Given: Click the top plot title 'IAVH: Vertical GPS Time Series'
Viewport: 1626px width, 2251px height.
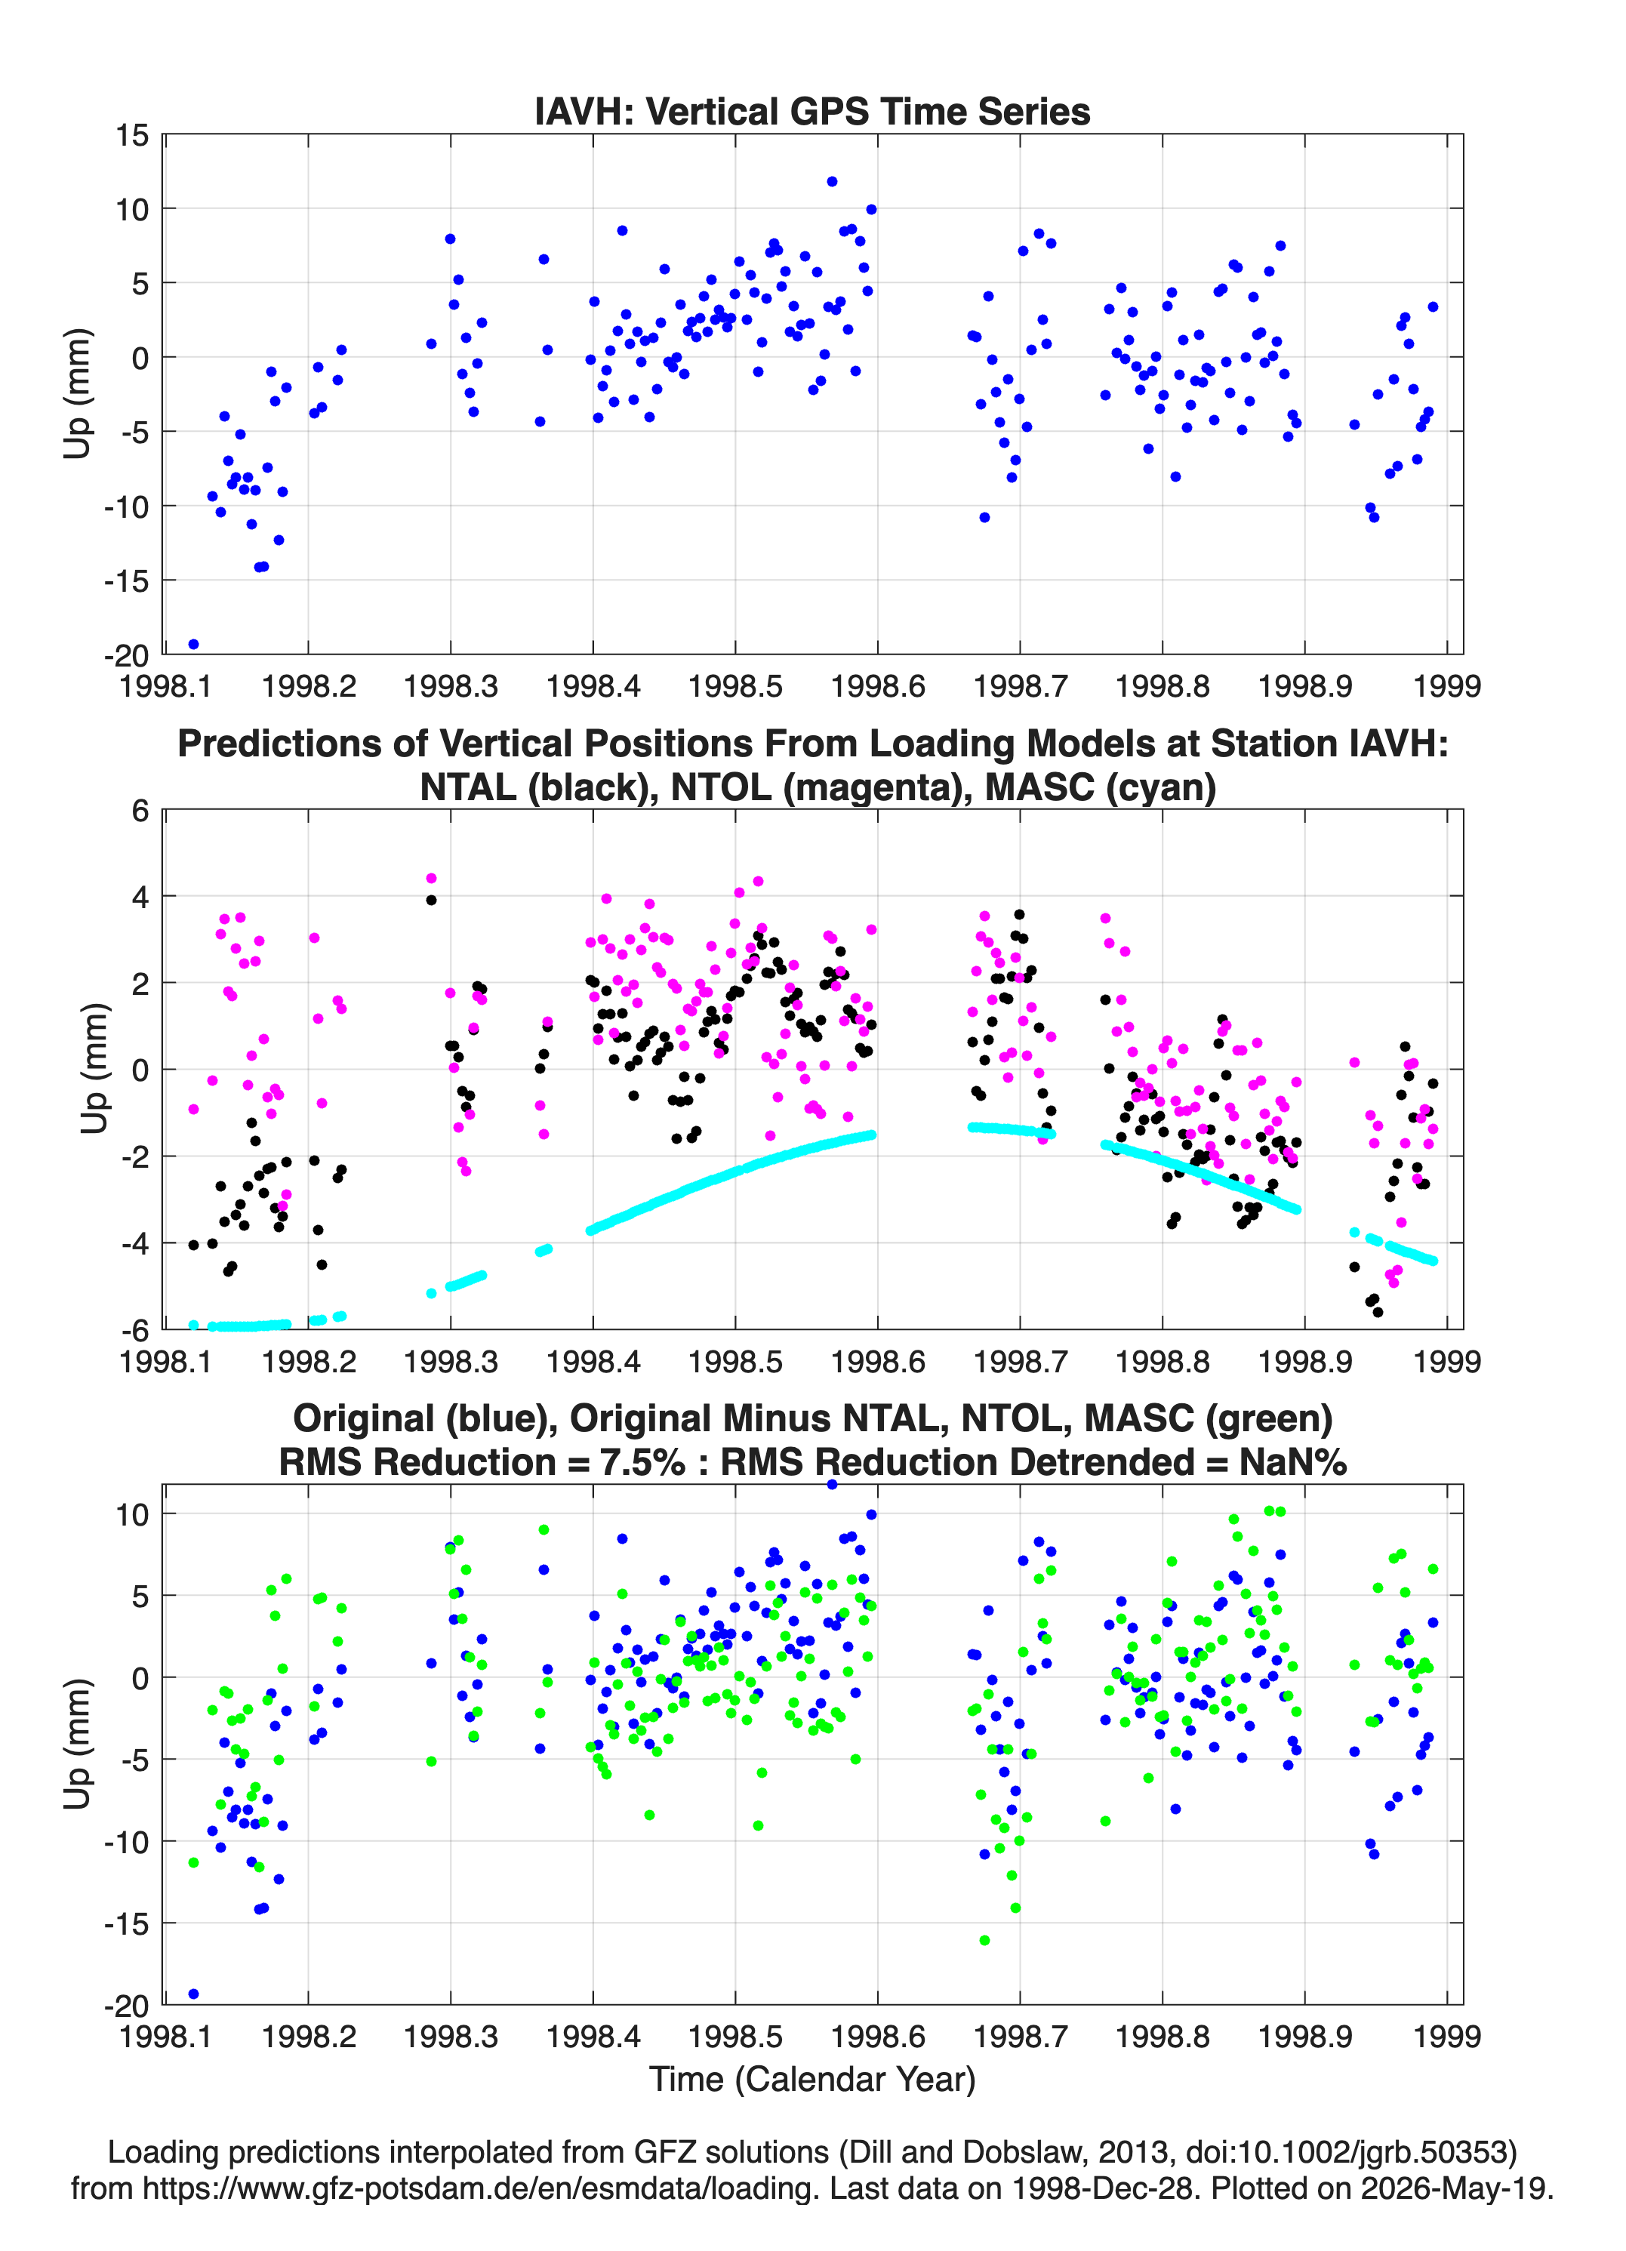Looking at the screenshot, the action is click(x=812, y=111).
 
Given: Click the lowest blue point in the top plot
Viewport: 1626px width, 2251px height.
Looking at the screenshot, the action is click(x=193, y=644).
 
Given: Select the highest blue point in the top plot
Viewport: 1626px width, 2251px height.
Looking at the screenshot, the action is click(x=832, y=182).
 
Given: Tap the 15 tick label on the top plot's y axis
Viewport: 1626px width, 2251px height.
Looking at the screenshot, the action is click(x=132, y=135).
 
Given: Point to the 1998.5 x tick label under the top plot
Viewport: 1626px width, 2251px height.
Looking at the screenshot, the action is click(x=735, y=686).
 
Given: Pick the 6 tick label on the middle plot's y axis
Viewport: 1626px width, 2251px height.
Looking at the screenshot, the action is click(x=141, y=811).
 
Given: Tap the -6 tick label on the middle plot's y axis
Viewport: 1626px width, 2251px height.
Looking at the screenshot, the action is click(x=134, y=1329).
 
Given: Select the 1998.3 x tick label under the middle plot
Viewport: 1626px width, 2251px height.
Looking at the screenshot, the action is click(x=451, y=1361).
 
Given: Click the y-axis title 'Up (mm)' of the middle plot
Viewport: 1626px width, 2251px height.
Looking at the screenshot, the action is click(x=94, y=1069).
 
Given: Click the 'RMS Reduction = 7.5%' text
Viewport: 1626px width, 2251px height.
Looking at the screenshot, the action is click(x=482, y=1462).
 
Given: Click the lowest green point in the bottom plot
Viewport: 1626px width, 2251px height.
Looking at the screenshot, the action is click(x=984, y=1940).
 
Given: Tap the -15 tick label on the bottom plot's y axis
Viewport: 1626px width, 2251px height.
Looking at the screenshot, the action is click(x=126, y=1923).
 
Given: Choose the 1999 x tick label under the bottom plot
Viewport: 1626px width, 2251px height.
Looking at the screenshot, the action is click(x=1447, y=2036).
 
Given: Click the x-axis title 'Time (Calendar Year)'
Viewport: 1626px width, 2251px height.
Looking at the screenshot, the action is click(x=812, y=2080).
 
